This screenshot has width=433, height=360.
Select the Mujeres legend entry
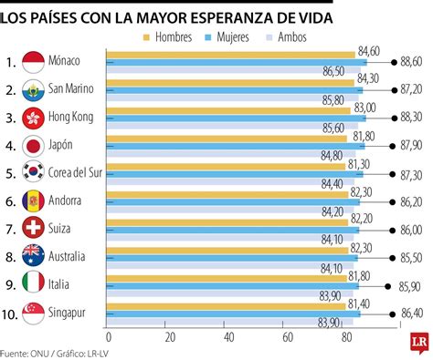click(x=237, y=37)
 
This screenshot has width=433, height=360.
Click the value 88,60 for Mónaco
click(x=411, y=62)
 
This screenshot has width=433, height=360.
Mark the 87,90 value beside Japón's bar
click(x=411, y=145)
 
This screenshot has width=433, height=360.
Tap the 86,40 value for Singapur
click(x=411, y=311)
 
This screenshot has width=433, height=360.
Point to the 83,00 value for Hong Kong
click(x=364, y=108)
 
